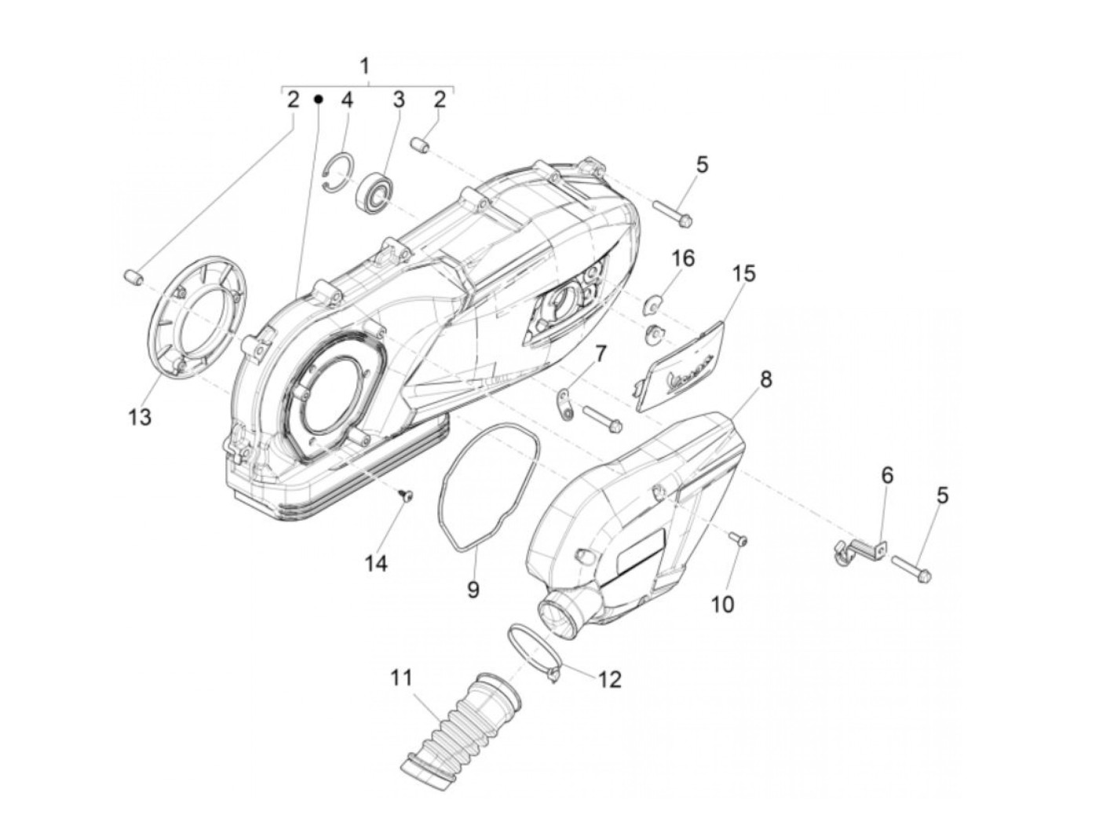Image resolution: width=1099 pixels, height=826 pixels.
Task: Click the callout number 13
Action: tap(139, 417)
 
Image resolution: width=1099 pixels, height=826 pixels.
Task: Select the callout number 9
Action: tap(473, 588)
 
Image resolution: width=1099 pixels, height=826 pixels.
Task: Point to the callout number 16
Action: tap(683, 258)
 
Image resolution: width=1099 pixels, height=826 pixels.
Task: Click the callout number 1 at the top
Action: tap(365, 66)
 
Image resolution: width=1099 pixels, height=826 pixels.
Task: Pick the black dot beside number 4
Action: tap(319, 100)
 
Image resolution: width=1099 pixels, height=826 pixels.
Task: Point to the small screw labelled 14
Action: tap(406, 495)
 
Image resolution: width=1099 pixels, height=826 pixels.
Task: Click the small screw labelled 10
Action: tap(738, 539)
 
